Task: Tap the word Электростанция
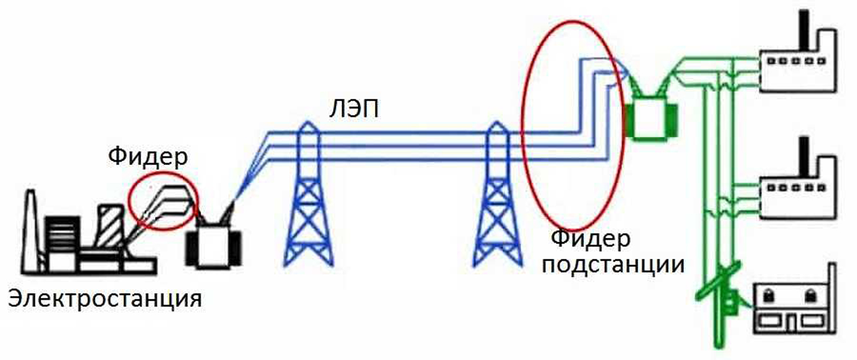point(105,299)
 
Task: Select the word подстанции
point(613,265)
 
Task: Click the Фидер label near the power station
point(148,157)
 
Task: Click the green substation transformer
point(650,119)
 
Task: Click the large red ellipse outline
point(523,126)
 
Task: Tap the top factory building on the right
point(798,61)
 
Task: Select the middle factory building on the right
point(798,187)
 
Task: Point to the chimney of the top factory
point(804,31)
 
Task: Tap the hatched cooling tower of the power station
point(111,226)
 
